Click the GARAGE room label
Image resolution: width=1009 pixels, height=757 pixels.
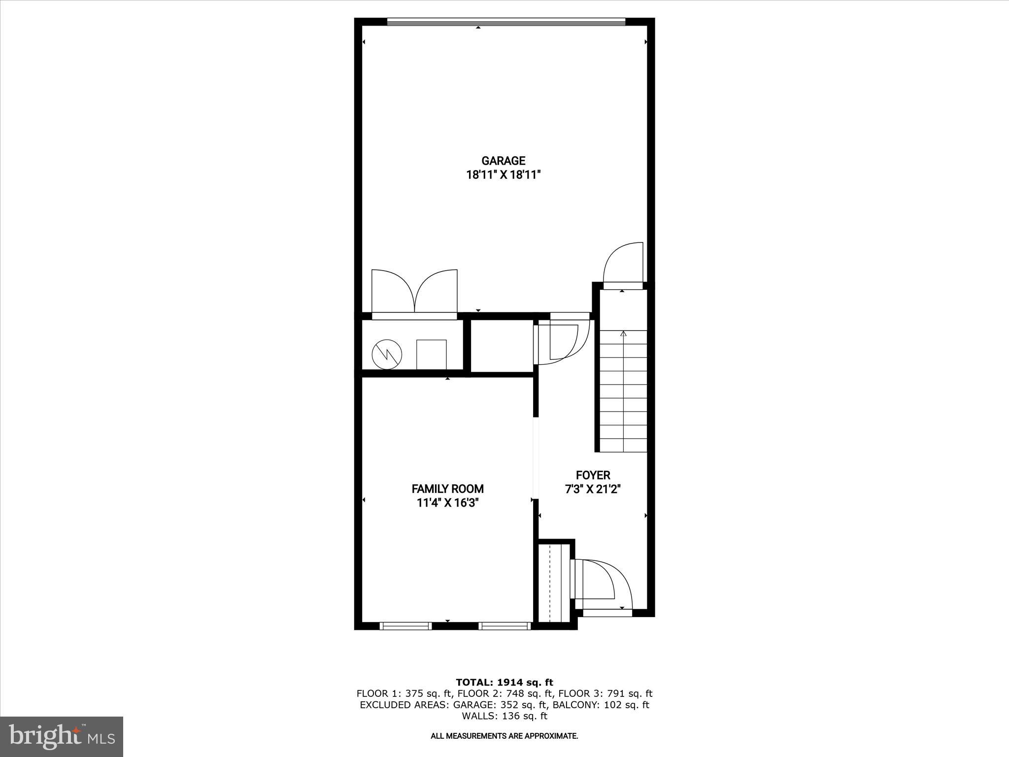tap(503, 161)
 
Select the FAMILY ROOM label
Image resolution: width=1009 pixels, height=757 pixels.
tap(447, 489)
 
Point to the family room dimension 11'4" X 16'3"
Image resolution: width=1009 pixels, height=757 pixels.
tap(447, 503)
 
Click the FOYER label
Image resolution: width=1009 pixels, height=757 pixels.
tap(593, 475)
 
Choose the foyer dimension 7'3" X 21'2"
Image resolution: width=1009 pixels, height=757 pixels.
tap(593, 489)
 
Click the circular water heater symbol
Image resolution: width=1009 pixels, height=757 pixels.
tap(387, 354)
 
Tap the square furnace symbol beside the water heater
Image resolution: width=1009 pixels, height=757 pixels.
tap(432, 354)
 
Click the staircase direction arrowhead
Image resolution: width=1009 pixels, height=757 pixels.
tap(623, 334)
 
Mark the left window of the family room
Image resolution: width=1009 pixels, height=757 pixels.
tap(406, 626)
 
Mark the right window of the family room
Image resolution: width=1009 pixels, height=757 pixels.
tap(504, 626)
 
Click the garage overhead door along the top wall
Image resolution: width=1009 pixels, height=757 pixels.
tap(506, 22)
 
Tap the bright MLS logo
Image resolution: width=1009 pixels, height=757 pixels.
tap(62, 736)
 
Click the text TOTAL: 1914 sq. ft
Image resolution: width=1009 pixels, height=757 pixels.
tap(504, 683)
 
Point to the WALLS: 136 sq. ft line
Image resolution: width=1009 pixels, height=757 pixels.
tap(504, 716)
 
